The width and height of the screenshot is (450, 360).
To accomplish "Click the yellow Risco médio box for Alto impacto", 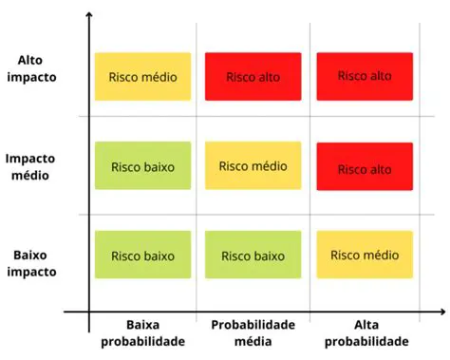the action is click(x=142, y=76).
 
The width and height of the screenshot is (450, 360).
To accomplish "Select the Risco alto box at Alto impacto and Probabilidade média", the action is click(x=253, y=76).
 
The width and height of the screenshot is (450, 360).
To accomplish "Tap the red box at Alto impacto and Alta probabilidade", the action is click(x=365, y=76).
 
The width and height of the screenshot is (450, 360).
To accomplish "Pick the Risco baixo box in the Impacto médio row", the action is click(x=142, y=166).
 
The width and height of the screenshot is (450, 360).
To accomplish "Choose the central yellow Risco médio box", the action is click(x=253, y=165).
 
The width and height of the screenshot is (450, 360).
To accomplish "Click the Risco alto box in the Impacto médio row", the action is click(x=365, y=168).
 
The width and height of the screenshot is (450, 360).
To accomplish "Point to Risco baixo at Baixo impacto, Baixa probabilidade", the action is click(x=142, y=256).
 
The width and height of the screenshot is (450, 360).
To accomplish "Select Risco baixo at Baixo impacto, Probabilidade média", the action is click(x=253, y=256).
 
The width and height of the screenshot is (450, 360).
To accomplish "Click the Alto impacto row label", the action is click(x=30, y=67).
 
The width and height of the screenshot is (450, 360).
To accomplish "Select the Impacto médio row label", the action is click(x=30, y=165).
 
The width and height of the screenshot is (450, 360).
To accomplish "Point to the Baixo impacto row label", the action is click(x=30, y=262).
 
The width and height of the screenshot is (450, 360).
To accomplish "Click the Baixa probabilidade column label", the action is click(x=141, y=332).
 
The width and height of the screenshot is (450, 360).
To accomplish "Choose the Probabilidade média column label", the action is click(x=253, y=332).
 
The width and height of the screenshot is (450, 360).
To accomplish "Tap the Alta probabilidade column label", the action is click(x=366, y=332).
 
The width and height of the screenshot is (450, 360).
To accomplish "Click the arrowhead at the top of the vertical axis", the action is click(x=87, y=17).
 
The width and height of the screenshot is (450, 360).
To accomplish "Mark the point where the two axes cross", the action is click(x=87, y=311).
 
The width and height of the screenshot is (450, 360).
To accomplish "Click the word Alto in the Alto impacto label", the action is click(x=30, y=59).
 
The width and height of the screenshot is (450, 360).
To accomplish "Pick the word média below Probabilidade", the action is click(x=253, y=341).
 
